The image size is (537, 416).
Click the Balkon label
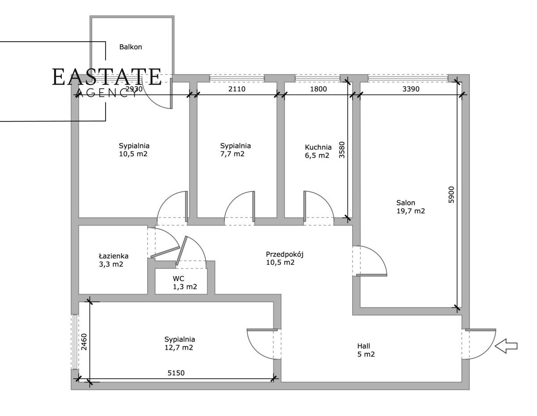[131, 47]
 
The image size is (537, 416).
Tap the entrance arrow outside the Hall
[506, 346]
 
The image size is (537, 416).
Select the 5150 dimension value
[176, 373]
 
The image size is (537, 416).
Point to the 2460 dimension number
[84, 342]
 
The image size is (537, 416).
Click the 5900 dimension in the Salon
[451, 195]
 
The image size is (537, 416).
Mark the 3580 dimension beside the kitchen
[341, 150]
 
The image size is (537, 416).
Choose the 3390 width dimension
[411, 89]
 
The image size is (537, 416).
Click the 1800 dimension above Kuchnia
[318, 89]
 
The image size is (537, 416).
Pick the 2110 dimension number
[237, 89]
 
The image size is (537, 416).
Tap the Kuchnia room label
[318, 147]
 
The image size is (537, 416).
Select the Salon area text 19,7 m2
[411, 211]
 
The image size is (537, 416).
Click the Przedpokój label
[285, 254]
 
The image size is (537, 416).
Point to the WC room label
[179, 279]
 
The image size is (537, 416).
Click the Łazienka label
[114, 256]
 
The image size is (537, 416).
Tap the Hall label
[363, 346]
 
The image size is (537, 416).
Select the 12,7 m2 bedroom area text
[179, 348]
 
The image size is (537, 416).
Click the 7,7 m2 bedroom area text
[232, 154]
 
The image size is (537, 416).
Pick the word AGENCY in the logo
[107, 93]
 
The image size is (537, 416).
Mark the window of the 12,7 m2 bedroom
[75, 342]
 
